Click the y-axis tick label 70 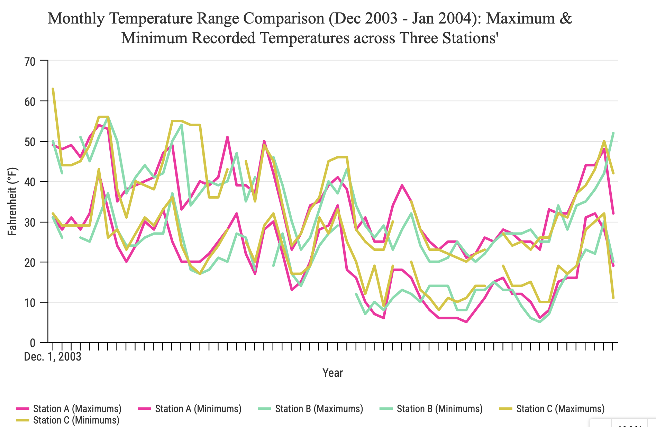pos(30,62)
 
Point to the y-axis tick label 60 pos(30,102)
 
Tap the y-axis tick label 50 pos(30,142)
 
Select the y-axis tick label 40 pos(30,182)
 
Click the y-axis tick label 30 pos(30,222)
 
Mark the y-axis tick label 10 pos(30,303)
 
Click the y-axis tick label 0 pos(33,343)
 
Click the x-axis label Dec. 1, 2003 pos(53,357)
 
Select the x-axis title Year pos(332,373)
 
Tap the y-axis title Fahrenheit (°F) pos(12,202)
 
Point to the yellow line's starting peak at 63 pos(53,89)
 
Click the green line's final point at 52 pos(613,133)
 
